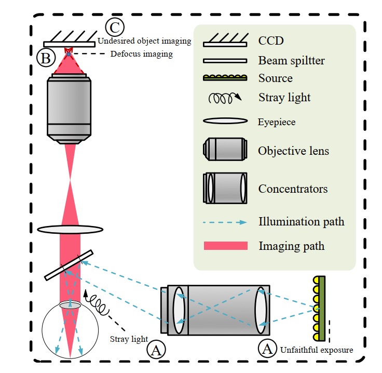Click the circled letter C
[x=115, y=26]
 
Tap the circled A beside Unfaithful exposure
[x=268, y=349]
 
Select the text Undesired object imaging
[x=144, y=41]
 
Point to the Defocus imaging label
[x=142, y=54]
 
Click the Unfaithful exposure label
[x=316, y=350]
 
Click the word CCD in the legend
[x=271, y=40]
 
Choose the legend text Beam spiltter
[x=291, y=60]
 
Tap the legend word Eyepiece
[x=277, y=123]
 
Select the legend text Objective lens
[x=293, y=151]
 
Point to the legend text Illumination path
[x=301, y=222]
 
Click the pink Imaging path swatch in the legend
[x=225, y=245]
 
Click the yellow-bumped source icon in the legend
[x=224, y=78]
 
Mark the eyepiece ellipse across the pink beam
[x=70, y=229]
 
